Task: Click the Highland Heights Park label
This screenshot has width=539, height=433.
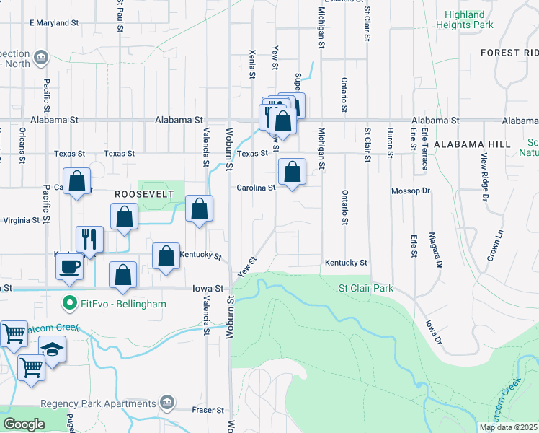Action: click(465, 19)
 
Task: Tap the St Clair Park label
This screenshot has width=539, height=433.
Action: click(366, 288)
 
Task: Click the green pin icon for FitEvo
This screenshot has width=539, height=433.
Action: click(70, 304)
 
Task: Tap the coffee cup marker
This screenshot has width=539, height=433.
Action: click(70, 266)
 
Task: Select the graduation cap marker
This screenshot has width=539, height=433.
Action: click(52, 349)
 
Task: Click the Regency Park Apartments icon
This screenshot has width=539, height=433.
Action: click(167, 401)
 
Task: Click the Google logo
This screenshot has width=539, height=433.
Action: click(24, 424)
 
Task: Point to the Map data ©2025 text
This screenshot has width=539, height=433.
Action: click(508, 427)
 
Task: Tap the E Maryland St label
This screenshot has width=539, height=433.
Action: click(54, 23)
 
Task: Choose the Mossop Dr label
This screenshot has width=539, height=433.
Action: click(410, 191)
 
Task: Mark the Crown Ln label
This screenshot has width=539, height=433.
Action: click(494, 246)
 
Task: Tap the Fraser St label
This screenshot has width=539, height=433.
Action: click(209, 410)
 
